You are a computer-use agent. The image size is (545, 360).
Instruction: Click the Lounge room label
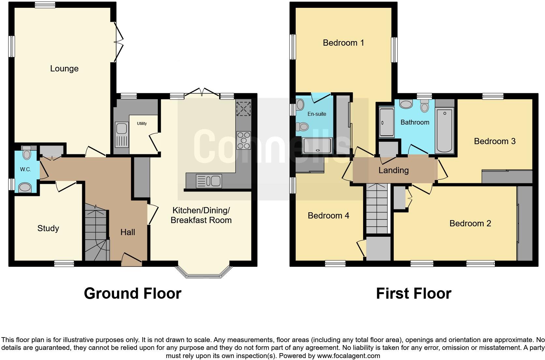64,68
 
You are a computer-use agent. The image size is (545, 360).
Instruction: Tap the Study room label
48,228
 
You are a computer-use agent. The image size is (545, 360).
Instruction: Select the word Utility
142,124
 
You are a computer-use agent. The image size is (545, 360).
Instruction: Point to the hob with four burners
243,140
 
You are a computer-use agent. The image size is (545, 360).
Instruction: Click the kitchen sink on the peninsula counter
209,181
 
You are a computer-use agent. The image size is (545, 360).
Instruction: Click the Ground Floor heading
132,293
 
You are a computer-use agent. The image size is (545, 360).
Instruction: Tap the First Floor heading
413,293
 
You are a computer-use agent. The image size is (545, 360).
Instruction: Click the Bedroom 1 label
343,43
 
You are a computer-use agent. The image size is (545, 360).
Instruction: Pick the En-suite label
317,114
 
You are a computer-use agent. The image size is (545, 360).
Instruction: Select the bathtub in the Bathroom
445,130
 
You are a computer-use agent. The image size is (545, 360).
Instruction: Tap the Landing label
393,170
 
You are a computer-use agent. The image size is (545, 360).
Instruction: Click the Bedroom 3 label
494,141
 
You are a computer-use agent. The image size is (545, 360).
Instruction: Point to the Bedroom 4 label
328,216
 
